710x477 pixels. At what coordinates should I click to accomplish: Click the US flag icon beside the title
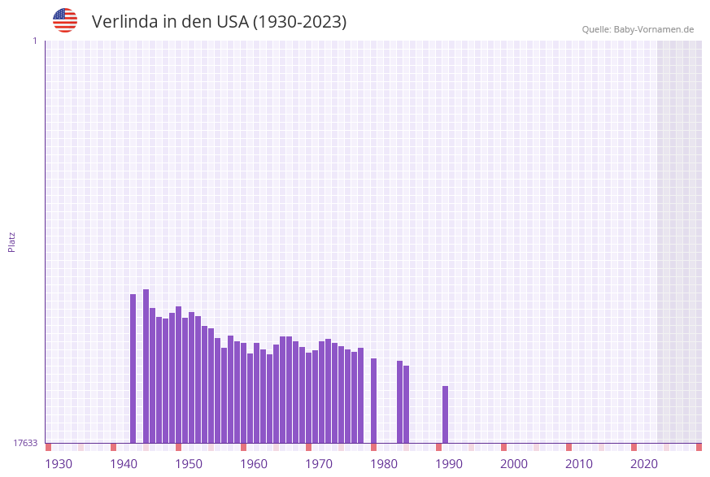[x=65, y=20]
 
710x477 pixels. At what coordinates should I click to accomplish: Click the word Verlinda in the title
[x=125, y=22]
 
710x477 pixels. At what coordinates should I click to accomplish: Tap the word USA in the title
[x=233, y=22]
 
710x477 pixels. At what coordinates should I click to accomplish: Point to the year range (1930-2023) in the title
[x=300, y=22]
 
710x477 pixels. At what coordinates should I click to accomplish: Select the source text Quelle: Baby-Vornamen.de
[x=638, y=29]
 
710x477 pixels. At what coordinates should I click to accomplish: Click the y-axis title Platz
[x=12, y=241]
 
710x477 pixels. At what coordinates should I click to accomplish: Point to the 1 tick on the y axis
[x=35, y=41]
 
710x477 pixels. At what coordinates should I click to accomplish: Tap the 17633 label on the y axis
[x=25, y=443]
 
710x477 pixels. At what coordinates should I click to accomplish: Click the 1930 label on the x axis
[x=59, y=464]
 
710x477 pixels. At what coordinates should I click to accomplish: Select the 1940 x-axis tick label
[x=124, y=464]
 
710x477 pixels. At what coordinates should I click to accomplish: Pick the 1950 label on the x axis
[x=189, y=464]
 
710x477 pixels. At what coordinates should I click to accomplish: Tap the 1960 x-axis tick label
[x=254, y=464]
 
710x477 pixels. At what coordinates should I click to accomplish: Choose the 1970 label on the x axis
[x=319, y=464]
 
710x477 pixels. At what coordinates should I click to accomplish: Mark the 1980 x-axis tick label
[x=384, y=464]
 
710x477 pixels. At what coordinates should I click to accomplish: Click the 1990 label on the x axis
[x=449, y=464]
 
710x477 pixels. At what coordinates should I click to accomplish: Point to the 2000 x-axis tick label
[x=514, y=464]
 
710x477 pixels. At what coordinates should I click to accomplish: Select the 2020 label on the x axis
[x=644, y=464]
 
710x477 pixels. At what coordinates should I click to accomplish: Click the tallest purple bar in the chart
[x=146, y=366]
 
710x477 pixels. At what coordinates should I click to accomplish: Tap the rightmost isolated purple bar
[x=446, y=414]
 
